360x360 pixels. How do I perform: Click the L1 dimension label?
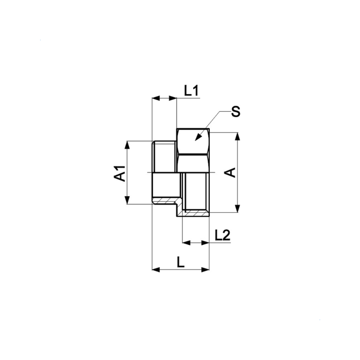191,90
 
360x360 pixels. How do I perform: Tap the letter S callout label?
235,111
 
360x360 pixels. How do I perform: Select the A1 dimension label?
120,173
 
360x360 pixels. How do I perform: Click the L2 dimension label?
222,235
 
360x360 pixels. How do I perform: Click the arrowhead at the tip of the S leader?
198,137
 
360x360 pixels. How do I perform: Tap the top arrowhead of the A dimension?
238,136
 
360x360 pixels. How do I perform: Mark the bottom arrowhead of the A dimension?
238,208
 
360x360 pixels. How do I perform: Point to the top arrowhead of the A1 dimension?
127,145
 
